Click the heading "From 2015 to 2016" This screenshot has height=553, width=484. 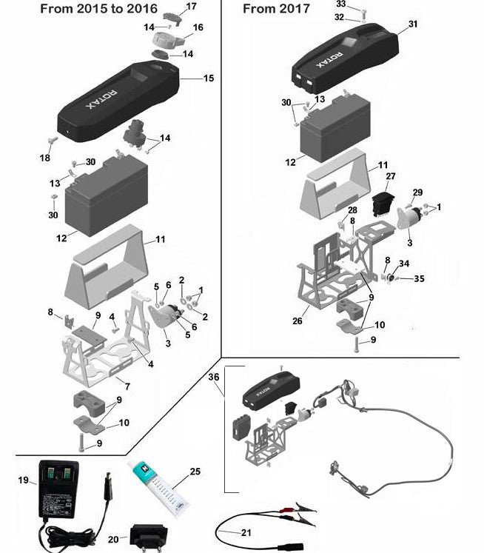click(98, 10)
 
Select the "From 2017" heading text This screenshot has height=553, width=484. click(276, 9)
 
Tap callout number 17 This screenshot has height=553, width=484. click(191, 7)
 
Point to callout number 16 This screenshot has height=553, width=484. click(198, 27)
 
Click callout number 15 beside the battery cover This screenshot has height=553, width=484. click(208, 78)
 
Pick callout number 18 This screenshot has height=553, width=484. click(45, 158)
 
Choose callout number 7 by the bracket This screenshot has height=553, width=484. click(127, 386)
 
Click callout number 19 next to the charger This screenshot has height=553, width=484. click(23, 480)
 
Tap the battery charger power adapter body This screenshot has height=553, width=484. click(58, 490)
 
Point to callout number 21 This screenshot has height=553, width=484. click(246, 532)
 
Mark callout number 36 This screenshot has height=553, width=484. click(215, 377)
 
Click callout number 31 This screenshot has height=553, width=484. click(413, 24)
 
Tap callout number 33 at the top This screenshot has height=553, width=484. click(341, 4)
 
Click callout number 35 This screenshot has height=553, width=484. click(419, 279)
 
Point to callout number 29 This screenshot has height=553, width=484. click(417, 192)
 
